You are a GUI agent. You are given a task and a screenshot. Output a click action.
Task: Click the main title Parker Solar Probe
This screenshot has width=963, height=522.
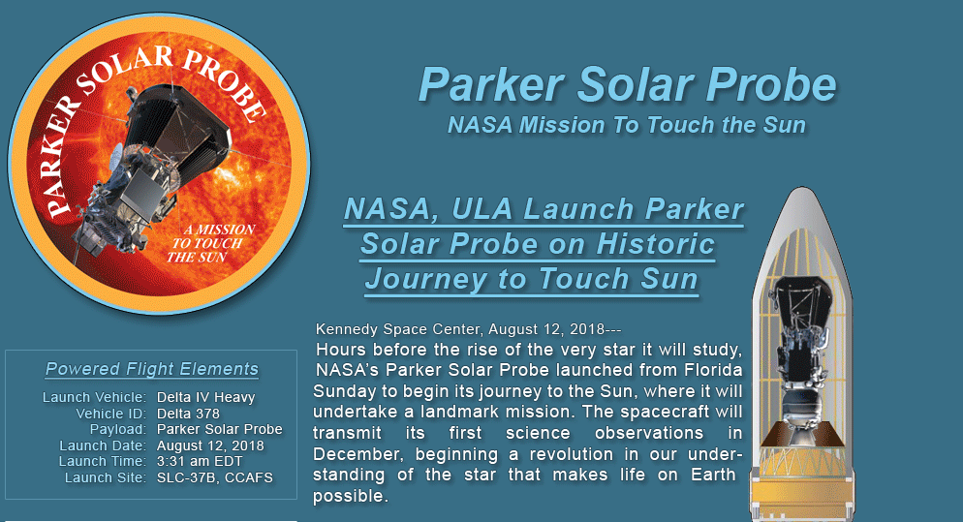coord(627,85)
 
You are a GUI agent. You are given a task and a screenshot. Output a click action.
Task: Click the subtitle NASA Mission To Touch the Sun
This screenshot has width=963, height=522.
coord(627,125)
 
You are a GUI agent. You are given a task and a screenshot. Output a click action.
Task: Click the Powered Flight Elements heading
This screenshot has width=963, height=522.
coord(152,368)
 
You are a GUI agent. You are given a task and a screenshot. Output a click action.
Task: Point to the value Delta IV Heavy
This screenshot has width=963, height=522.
coord(205,397)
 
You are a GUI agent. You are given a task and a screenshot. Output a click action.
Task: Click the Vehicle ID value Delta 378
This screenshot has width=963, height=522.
coord(188,414)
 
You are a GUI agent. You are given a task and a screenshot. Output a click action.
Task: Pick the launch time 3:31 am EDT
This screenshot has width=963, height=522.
coord(200,461)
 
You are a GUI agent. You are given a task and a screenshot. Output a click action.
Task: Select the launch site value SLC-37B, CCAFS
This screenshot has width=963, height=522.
coord(215,477)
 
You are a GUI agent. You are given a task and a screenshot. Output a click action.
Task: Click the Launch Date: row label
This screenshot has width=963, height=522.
coord(103,445)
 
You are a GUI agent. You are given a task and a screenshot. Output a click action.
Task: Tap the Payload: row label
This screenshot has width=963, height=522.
coord(118,429)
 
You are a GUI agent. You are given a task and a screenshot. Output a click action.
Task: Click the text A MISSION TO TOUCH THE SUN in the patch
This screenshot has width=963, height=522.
coord(212,243)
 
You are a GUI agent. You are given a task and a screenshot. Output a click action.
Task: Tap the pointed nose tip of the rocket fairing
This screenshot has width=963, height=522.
coord(801,188)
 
